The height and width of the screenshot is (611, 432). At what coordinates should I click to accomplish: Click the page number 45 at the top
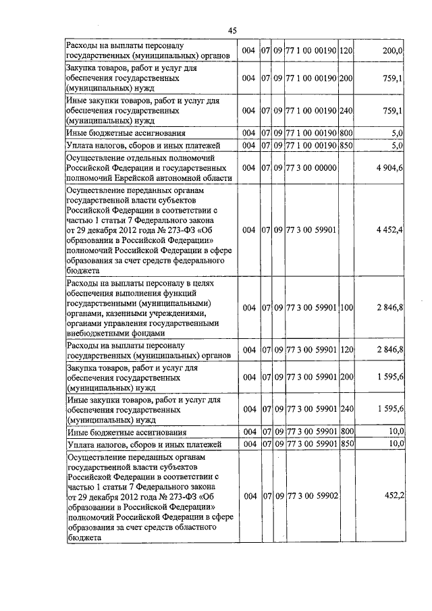pyautogui.click(x=232, y=30)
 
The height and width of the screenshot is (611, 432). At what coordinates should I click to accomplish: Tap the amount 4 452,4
pyautogui.click(x=389, y=230)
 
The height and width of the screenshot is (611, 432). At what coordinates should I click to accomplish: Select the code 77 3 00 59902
pyautogui.click(x=311, y=496)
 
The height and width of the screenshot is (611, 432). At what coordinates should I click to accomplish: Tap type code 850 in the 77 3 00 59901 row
pyautogui.click(x=346, y=444)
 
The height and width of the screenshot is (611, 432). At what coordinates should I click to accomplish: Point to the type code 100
pyautogui.click(x=346, y=308)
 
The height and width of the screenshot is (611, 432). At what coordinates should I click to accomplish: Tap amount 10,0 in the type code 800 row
pyautogui.click(x=394, y=431)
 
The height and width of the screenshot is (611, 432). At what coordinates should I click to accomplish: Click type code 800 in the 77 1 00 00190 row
pyautogui.click(x=346, y=132)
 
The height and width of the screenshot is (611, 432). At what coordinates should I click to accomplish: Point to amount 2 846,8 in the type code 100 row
pyautogui.click(x=389, y=308)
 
